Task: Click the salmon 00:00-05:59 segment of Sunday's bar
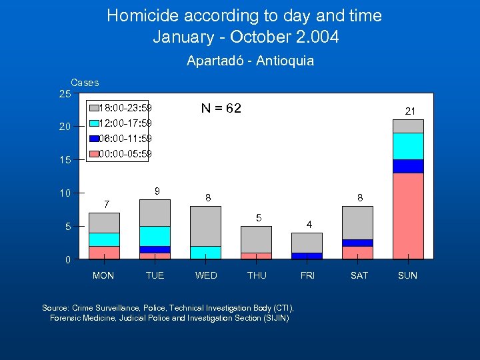point(408,215)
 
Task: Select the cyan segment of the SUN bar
point(408,146)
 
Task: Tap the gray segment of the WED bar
point(205,226)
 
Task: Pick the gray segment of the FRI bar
point(307,243)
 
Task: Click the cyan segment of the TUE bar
point(155,236)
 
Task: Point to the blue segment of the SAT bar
point(357,243)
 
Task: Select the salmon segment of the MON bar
point(104,252)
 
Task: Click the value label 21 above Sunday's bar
point(411,111)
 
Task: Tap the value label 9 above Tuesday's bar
point(157,191)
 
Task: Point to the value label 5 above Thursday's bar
point(259,218)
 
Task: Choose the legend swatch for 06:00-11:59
point(93,139)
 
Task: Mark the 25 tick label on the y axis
point(65,94)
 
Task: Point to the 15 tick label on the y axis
point(65,160)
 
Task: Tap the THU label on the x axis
point(257,275)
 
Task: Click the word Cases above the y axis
point(85,83)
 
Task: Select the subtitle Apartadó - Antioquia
point(250,61)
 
